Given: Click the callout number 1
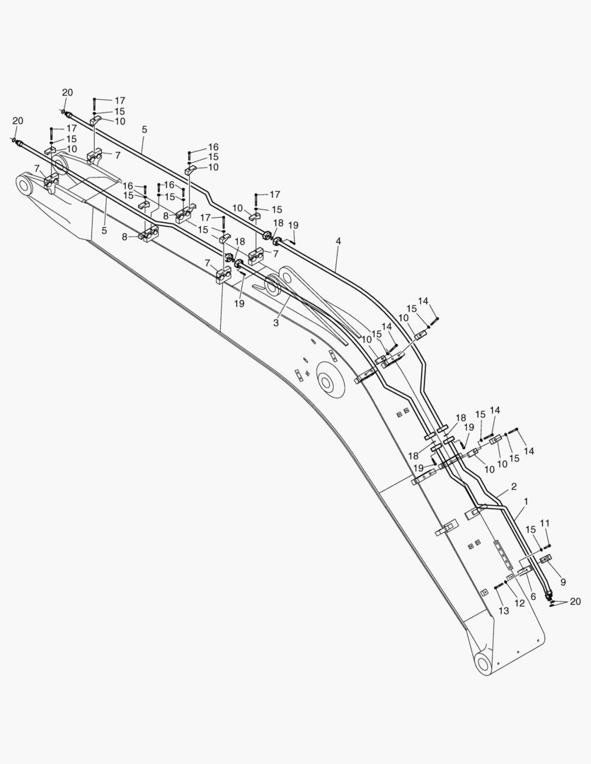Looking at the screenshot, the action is point(526,501).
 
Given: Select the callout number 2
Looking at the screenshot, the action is point(513,486).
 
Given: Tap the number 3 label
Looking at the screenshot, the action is point(276,323).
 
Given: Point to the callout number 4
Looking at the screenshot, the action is point(338,241).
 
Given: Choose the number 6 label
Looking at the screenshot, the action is point(533,596).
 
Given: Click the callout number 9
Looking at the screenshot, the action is point(563,581).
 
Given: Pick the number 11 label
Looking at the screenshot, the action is point(545,523).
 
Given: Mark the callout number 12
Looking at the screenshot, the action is point(520,603).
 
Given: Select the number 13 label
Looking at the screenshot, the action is point(504,610).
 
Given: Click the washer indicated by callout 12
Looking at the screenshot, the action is point(505,581).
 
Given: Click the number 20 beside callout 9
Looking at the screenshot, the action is point(575,602).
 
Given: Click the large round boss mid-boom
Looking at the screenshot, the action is point(331,379).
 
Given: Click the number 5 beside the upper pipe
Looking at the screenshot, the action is point(144,129).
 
